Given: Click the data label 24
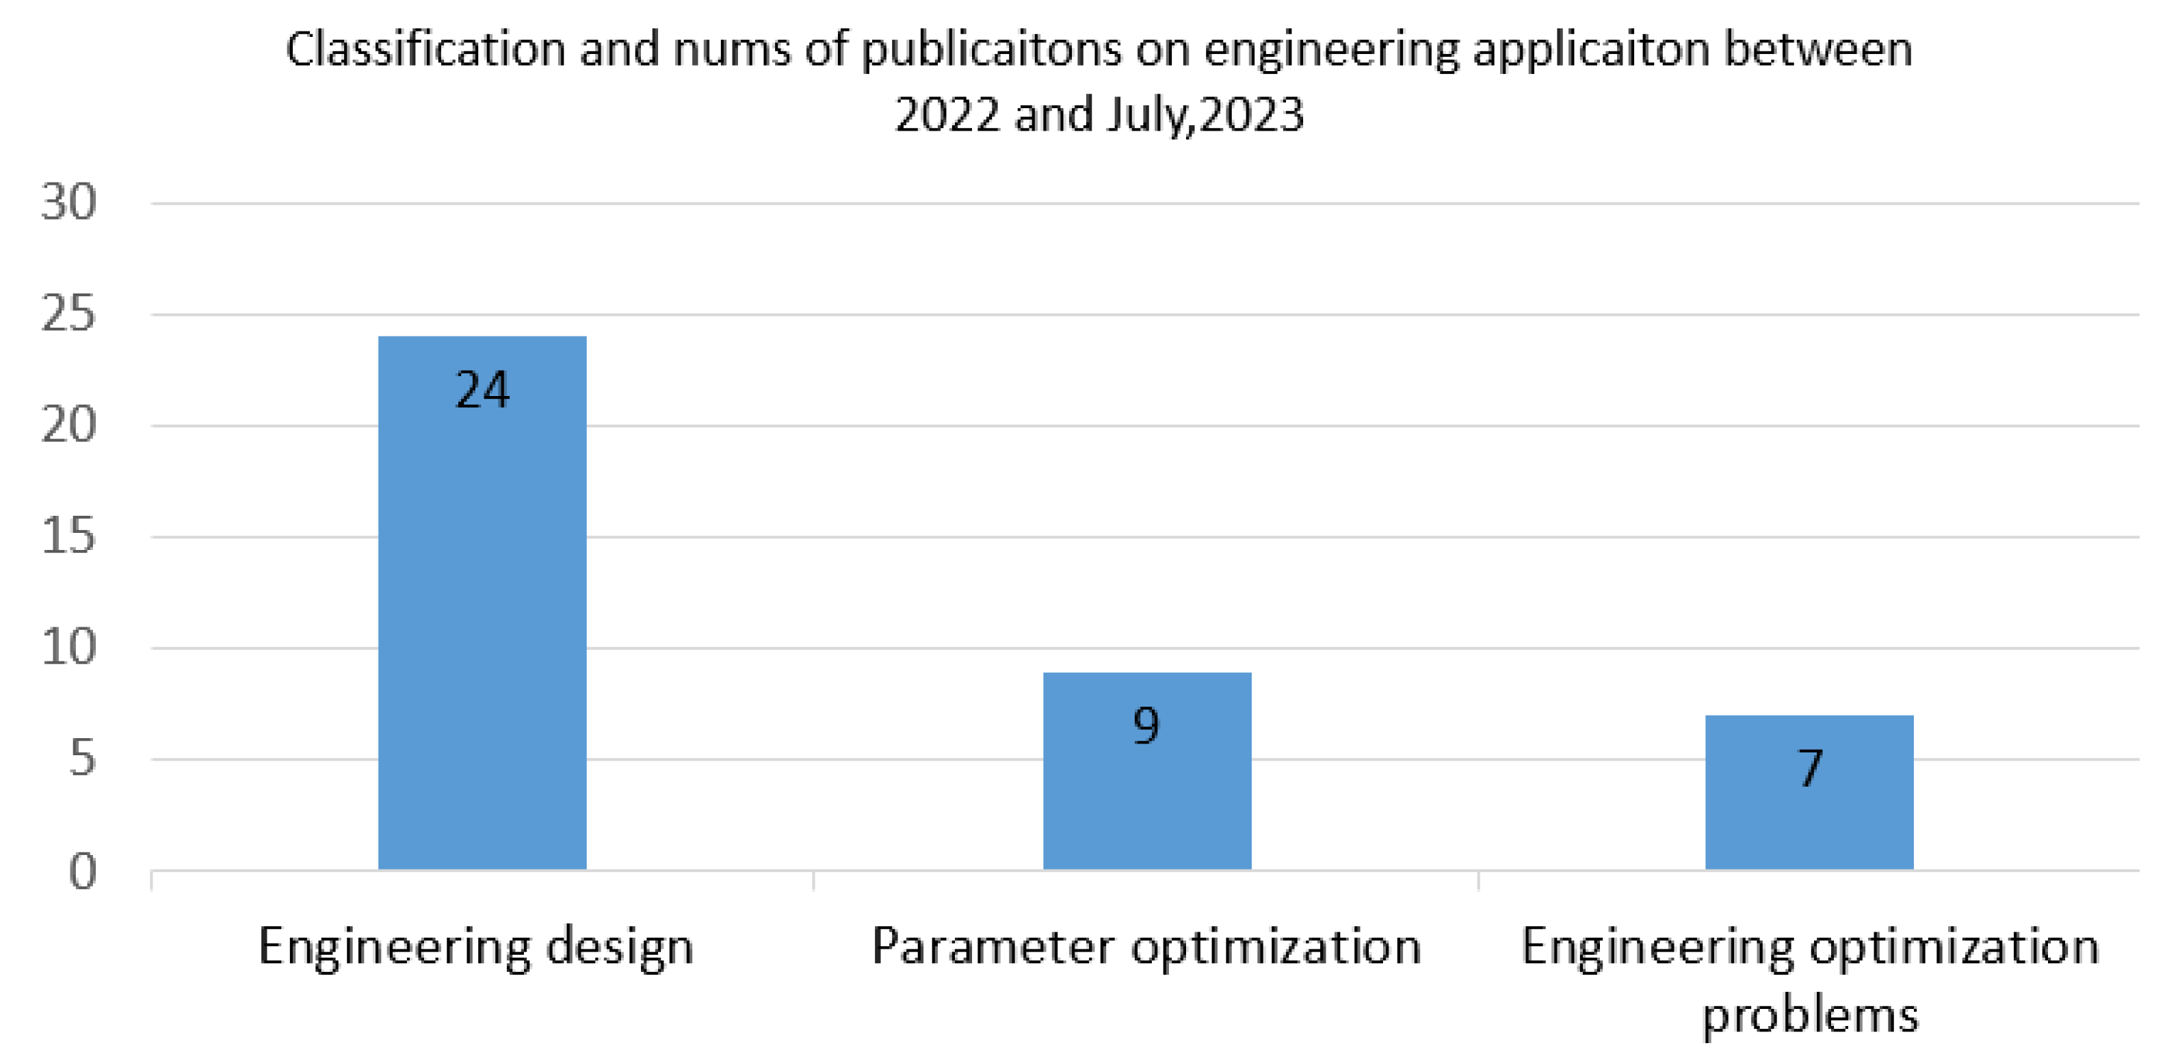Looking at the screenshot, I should [x=482, y=390].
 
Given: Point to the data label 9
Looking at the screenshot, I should [x=1146, y=725].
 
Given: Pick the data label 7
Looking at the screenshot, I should [x=1809, y=767].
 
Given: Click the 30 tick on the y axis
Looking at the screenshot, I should [x=69, y=202].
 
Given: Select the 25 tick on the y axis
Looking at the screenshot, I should [x=69, y=315].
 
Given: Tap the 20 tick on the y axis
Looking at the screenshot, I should [x=69, y=425].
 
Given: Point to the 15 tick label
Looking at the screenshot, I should [x=69, y=536].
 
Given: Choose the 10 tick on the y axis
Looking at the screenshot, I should [x=69, y=648].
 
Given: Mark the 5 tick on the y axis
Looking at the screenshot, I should [x=83, y=759].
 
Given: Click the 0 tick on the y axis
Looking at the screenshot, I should [x=83, y=871].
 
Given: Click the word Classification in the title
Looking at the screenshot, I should [x=425, y=49].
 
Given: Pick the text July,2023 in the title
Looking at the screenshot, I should [x=1205, y=115].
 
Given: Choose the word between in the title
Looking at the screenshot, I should [x=1818, y=49].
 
